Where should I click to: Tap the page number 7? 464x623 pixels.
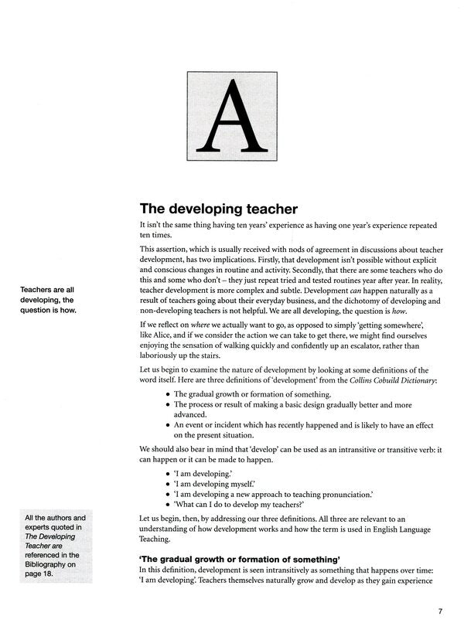440,611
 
